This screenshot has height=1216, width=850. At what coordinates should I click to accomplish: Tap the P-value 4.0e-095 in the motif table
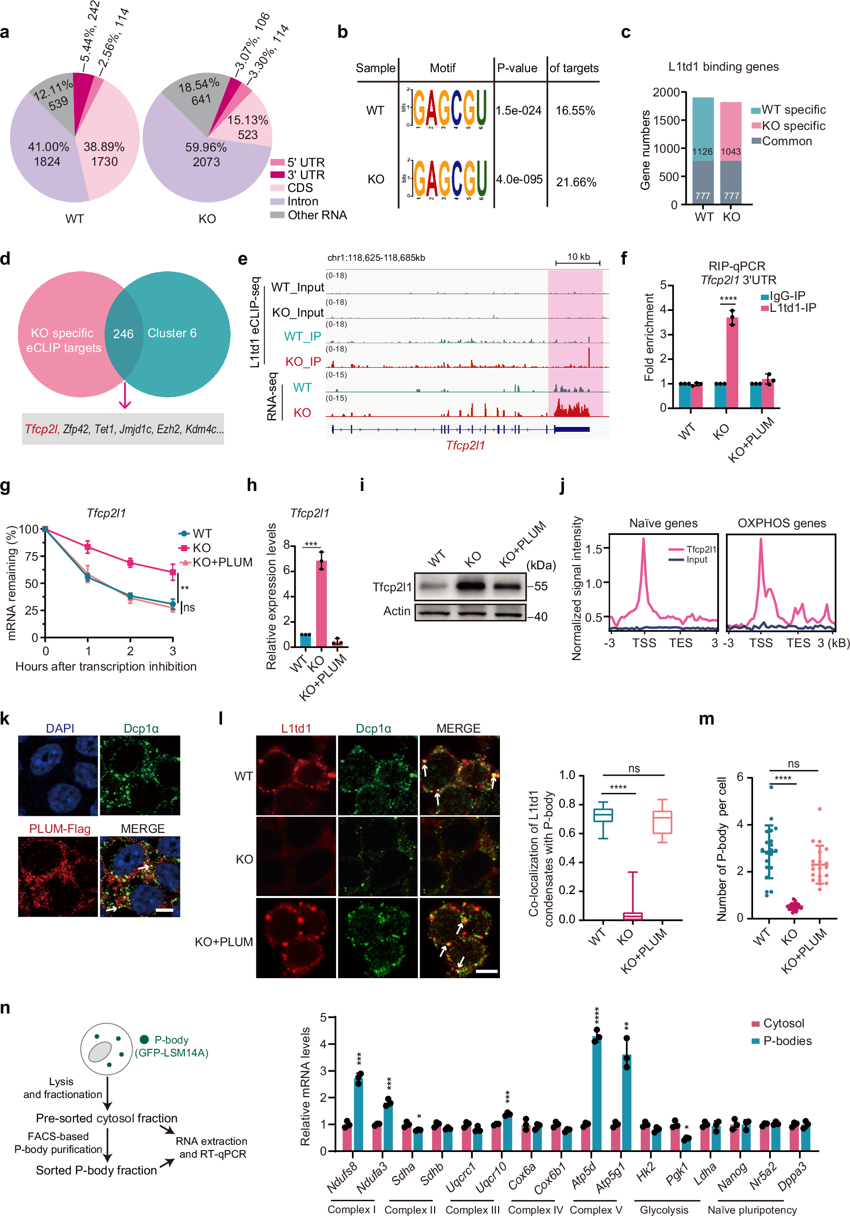point(519,180)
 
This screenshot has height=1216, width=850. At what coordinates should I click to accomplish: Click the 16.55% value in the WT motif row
point(575,111)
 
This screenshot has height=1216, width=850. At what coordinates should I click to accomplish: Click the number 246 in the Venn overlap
point(123,334)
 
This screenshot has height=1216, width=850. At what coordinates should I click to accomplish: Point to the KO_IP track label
point(303,361)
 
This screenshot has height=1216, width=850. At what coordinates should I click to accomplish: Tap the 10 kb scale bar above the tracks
point(578,262)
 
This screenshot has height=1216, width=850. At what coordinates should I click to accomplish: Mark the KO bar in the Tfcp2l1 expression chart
point(321,603)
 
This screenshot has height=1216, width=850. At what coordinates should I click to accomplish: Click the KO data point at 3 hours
point(173,572)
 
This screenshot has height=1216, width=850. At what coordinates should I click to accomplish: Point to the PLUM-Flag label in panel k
point(59,828)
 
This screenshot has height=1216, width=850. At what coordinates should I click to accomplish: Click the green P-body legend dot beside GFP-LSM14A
point(144,1040)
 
